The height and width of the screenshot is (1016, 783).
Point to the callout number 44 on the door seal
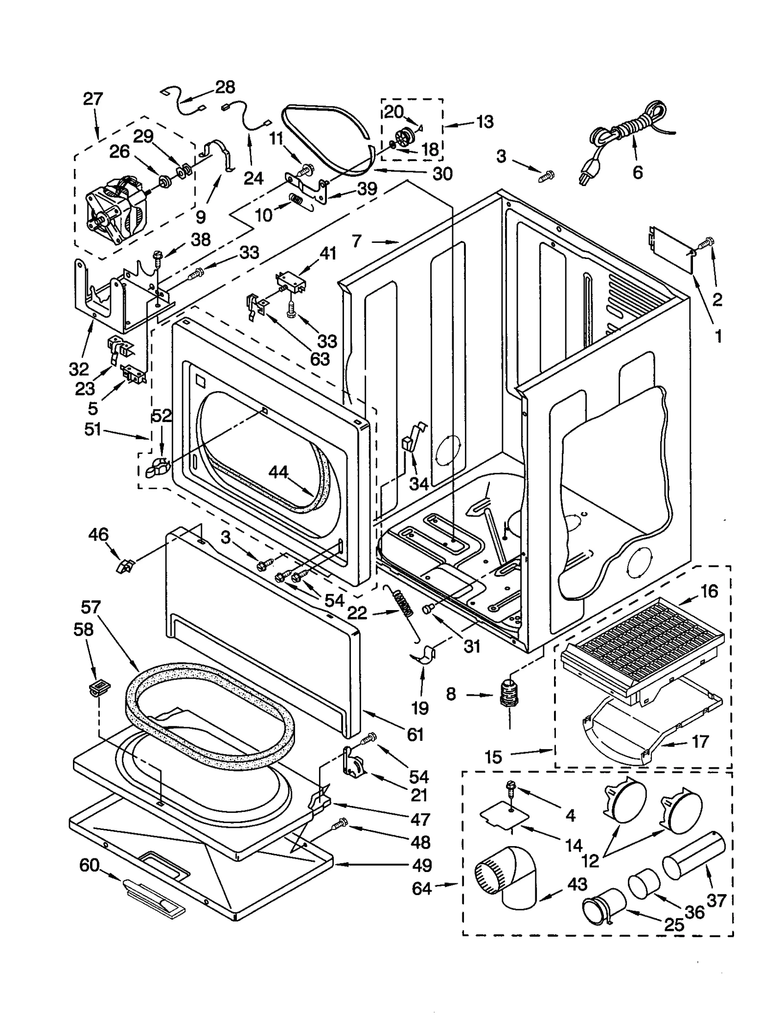pyautogui.click(x=278, y=472)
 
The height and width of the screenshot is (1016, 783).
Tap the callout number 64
pyautogui.click(x=422, y=888)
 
